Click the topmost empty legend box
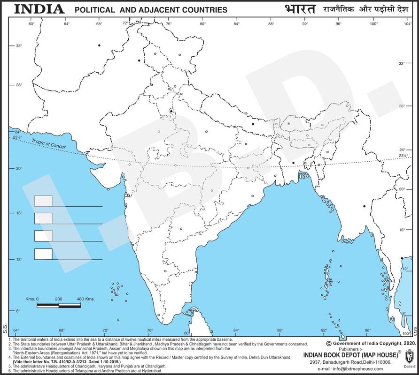pos(43,201)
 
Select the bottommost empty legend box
pos(43,254)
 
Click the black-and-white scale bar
pos(59,306)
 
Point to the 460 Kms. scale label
pos(85,299)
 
